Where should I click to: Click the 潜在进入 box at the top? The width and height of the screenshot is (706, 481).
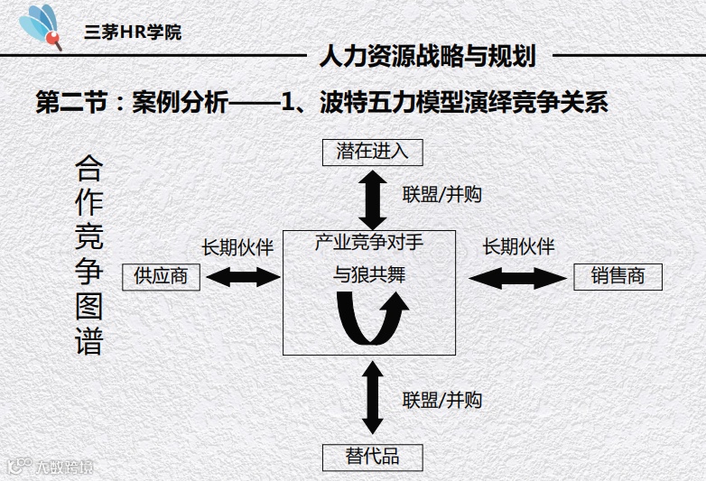pos(372,152)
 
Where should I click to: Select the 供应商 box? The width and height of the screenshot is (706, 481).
pos(161,276)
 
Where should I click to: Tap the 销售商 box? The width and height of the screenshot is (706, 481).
pos(618,276)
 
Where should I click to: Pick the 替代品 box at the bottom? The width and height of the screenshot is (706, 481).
pos(372,457)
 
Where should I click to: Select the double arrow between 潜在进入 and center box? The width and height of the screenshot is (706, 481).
pos(372,197)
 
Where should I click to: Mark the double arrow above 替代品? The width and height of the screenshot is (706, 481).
pos(372,398)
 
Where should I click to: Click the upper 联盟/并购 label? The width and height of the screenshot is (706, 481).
pos(442,194)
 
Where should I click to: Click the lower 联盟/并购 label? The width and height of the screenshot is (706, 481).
pos(442,400)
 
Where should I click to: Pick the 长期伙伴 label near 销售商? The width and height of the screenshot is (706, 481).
pos(518,246)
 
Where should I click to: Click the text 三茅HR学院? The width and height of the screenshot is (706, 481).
pos(132,32)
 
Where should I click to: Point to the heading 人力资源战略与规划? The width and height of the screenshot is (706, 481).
pos(428,57)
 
